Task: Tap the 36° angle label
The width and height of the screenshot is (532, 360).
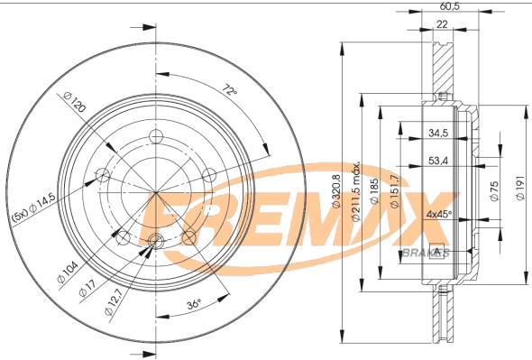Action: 193,304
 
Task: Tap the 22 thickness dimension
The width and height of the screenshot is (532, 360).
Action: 442,25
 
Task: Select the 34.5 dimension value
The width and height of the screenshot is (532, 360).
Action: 438,134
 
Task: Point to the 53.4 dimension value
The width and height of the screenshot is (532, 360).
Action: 438,163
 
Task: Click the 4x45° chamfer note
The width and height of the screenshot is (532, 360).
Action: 438,216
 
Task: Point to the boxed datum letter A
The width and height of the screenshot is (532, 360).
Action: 437,250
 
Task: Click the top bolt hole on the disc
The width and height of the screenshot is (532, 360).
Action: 155,137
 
